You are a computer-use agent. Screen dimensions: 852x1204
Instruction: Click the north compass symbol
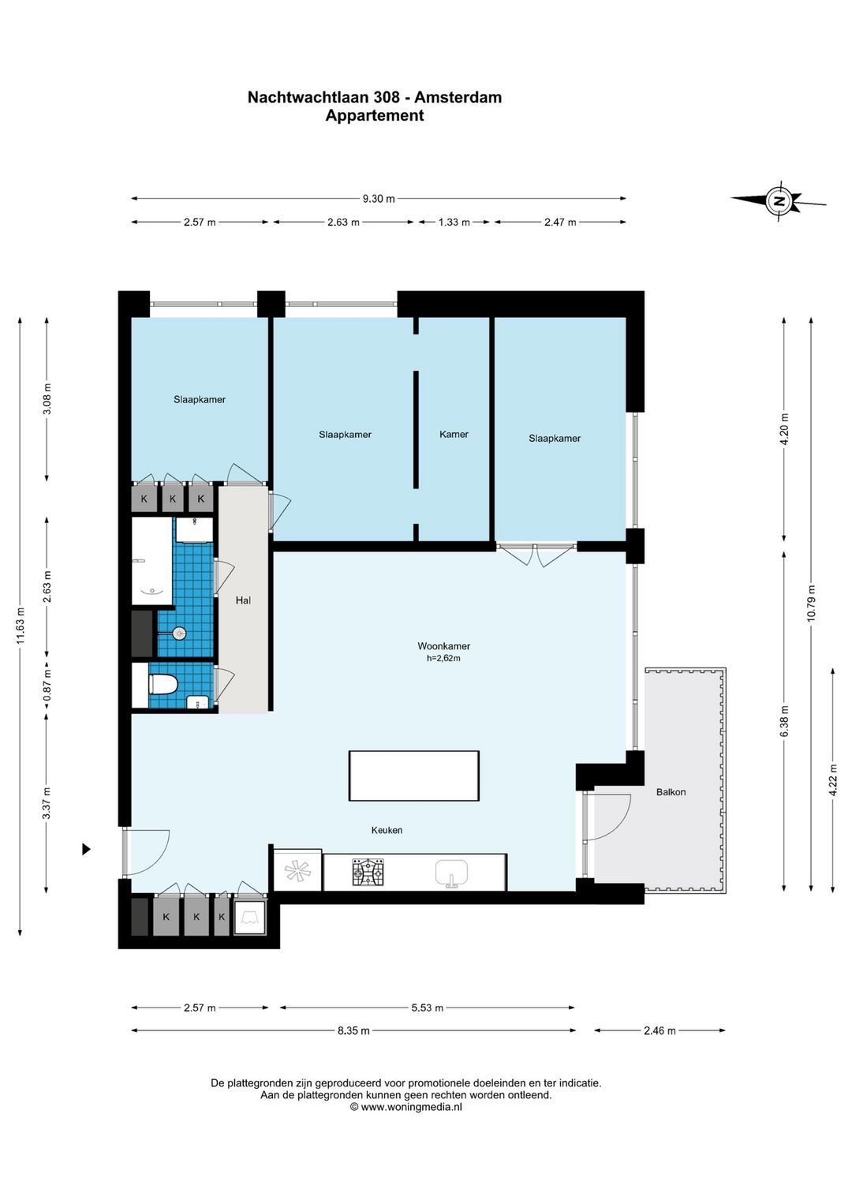pyautogui.click(x=779, y=201)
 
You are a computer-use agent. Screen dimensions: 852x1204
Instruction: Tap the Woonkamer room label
pyautogui.click(x=443, y=646)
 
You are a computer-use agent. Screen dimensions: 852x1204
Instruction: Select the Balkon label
pyautogui.click(x=671, y=791)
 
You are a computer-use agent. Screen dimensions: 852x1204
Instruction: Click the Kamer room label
pyautogui.click(x=454, y=434)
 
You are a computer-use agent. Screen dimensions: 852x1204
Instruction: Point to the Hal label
pyautogui.click(x=243, y=600)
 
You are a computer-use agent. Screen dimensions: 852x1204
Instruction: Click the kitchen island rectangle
pyautogui.click(x=414, y=776)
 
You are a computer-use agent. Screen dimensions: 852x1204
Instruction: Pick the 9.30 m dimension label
pyautogui.click(x=379, y=198)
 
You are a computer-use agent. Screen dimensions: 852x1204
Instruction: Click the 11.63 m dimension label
pyautogui.click(x=21, y=626)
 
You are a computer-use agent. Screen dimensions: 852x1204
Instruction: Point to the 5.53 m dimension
pyautogui.click(x=428, y=1008)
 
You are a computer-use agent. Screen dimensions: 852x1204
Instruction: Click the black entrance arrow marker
pyautogui.click(x=86, y=849)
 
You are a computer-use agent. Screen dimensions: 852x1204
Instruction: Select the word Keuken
pyautogui.click(x=387, y=830)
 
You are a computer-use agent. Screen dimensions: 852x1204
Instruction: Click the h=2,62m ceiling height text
pyautogui.click(x=443, y=658)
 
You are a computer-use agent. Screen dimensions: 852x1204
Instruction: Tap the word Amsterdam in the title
pyautogui.click(x=458, y=97)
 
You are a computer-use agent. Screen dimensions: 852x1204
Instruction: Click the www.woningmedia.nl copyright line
pyautogui.click(x=405, y=1107)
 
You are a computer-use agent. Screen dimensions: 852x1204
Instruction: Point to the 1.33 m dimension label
pyautogui.click(x=454, y=222)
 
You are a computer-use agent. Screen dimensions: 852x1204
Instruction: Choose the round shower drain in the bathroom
pyautogui.click(x=180, y=634)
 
